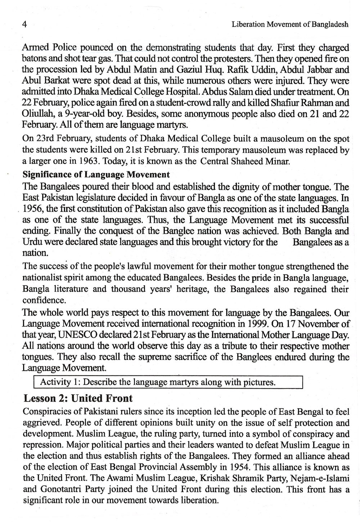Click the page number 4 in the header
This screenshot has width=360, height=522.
tap(25, 24)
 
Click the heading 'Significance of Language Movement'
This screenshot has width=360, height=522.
tap(96, 175)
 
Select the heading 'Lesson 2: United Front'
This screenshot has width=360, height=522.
tap(78, 399)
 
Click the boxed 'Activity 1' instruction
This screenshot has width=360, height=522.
tap(158, 382)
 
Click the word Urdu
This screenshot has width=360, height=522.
tap(33, 242)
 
